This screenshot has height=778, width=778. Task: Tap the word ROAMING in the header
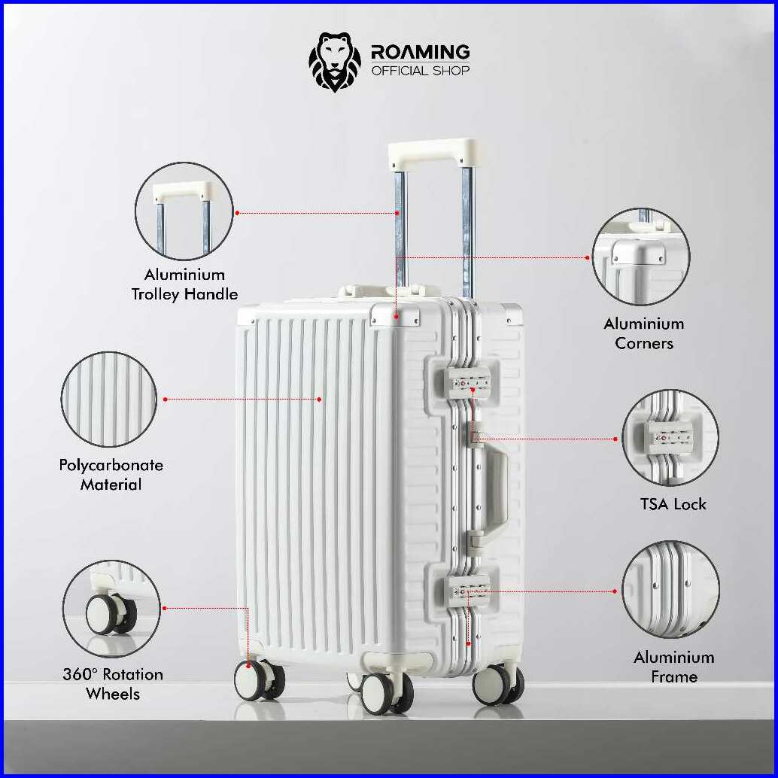tap(420, 52)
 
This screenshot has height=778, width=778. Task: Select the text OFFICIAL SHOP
tap(420, 71)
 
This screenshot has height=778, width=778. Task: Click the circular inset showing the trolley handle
tap(184, 211)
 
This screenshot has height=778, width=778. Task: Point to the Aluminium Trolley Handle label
tap(184, 284)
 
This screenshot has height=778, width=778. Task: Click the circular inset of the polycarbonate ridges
tap(109, 398)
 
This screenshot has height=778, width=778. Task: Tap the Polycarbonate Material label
tap(111, 475)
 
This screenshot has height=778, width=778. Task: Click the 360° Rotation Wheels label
tap(113, 683)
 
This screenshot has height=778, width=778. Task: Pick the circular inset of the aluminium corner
tap(641, 257)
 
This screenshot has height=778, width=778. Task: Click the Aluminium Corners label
tap(644, 333)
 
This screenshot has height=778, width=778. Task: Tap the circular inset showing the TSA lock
tap(670, 438)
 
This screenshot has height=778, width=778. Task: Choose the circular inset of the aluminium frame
tap(670, 591)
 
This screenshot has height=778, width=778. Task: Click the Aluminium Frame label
tap(674, 667)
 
